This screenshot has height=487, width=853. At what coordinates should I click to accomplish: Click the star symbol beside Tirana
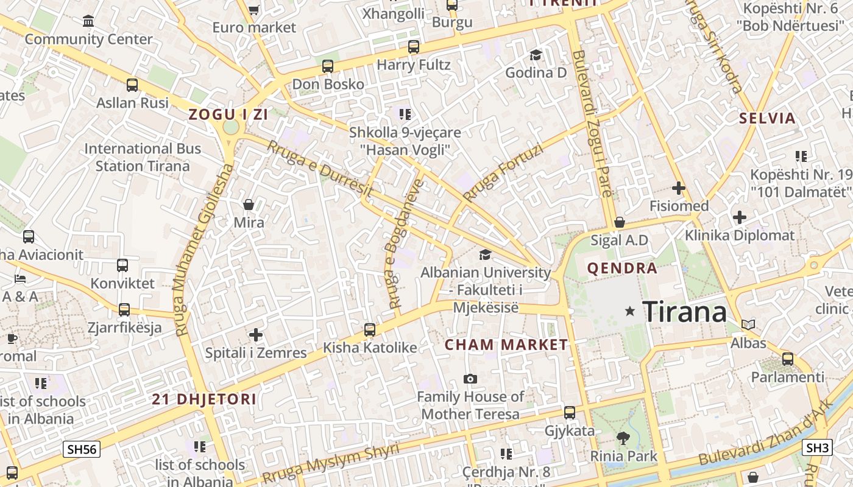630,312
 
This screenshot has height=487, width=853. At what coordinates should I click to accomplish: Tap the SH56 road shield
82,450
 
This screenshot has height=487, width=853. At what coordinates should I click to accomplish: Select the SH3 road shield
817,448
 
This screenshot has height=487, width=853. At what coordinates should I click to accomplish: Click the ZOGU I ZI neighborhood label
228,114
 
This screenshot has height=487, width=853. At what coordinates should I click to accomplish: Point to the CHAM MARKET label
506,345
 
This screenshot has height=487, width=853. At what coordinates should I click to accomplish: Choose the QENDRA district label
622,268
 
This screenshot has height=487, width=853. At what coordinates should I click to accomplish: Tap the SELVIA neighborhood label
768,118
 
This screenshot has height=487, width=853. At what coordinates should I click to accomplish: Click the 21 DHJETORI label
204,399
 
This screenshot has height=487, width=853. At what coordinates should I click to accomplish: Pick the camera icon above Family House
470,379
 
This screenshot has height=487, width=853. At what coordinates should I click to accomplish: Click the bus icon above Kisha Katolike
369,330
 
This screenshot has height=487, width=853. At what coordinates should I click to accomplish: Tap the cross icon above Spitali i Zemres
256,335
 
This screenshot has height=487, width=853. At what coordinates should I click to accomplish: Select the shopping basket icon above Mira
249,205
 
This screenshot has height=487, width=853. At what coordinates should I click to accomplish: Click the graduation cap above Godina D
536,55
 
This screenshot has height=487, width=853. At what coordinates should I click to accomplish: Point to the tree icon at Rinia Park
623,438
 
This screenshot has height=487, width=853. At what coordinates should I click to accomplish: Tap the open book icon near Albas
748,325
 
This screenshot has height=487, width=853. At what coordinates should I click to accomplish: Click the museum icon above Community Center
88,21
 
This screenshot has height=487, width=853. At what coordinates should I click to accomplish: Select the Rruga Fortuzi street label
502,173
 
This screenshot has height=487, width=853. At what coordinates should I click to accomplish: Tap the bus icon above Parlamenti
787,359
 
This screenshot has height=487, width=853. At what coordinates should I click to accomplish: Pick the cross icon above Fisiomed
679,188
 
